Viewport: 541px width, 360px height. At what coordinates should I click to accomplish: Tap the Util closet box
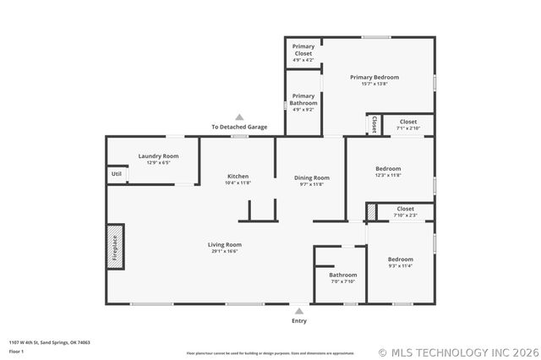tap(116, 174)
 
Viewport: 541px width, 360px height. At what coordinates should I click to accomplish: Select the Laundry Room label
tap(158, 155)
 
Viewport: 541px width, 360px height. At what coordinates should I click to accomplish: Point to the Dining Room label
tap(311, 177)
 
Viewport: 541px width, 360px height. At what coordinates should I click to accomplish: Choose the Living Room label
tap(224, 245)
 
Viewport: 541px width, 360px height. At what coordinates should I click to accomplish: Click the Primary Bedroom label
tap(374, 77)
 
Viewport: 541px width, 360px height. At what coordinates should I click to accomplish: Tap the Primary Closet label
tap(303, 49)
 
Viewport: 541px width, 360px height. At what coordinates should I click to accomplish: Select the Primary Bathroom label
tap(303, 100)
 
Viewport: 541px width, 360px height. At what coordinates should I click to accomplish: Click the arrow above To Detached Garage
tap(239, 117)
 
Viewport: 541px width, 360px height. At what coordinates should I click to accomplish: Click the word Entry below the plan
tap(299, 321)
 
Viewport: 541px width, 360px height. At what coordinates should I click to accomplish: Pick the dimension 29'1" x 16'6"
tap(224, 251)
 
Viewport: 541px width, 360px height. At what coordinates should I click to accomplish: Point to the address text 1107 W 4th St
tap(50, 342)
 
